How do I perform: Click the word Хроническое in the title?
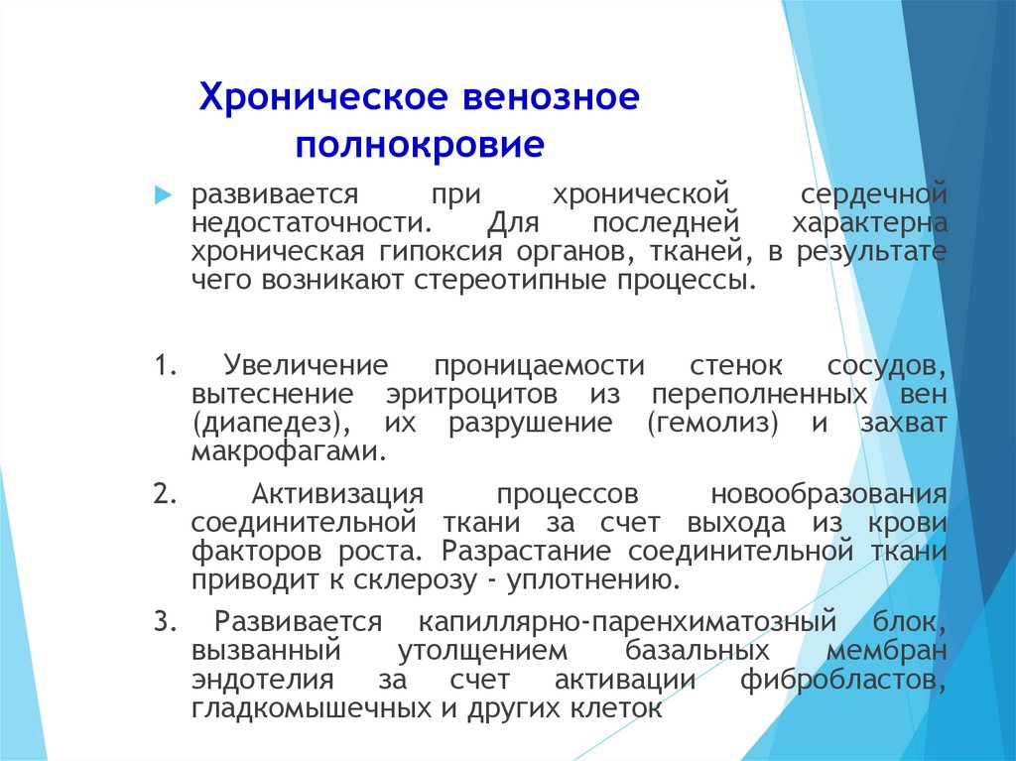click(323, 97)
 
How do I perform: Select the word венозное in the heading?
click(552, 97)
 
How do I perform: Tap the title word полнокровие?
click(420, 145)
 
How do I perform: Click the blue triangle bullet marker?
click(163, 194)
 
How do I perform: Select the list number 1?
click(165, 365)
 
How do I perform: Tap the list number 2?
click(165, 494)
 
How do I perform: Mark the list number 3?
click(165, 622)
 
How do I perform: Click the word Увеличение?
click(306, 366)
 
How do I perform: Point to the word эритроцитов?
click(471, 395)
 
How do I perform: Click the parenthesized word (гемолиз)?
click(712, 423)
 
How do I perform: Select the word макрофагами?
click(289, 451)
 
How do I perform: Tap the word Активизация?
click(337, 494)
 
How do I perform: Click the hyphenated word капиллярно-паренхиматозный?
click(628, 622)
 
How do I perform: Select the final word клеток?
click(616, 707)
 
